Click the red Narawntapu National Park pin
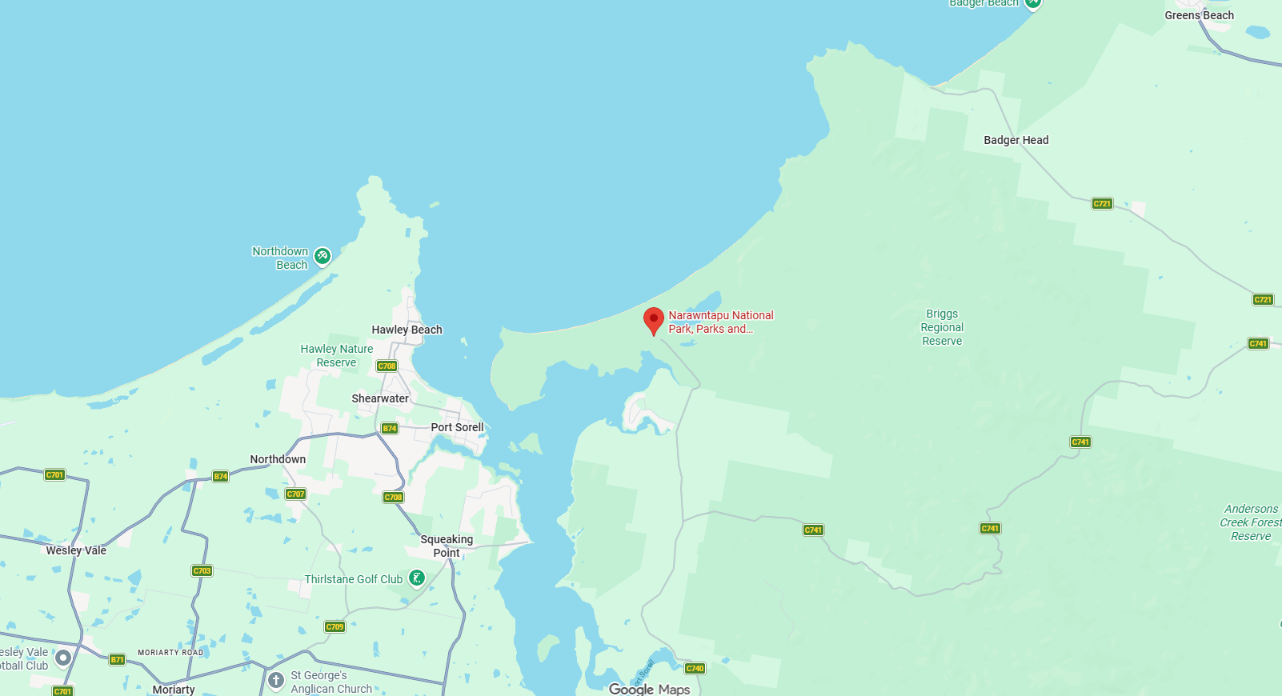654,320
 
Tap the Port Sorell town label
457,427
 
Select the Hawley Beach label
407,330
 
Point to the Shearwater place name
380,398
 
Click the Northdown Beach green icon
323,256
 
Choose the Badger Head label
1016,140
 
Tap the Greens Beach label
1199,15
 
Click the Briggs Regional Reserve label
942,327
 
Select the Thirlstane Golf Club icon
417,578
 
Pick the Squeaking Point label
447,546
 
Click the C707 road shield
295,494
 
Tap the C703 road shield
202,570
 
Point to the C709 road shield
335,626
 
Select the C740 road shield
695,668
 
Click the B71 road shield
117,659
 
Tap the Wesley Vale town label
76,550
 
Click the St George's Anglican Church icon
276,681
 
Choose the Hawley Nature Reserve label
337,355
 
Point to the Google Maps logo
649,689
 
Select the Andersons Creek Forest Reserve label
1250,522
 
